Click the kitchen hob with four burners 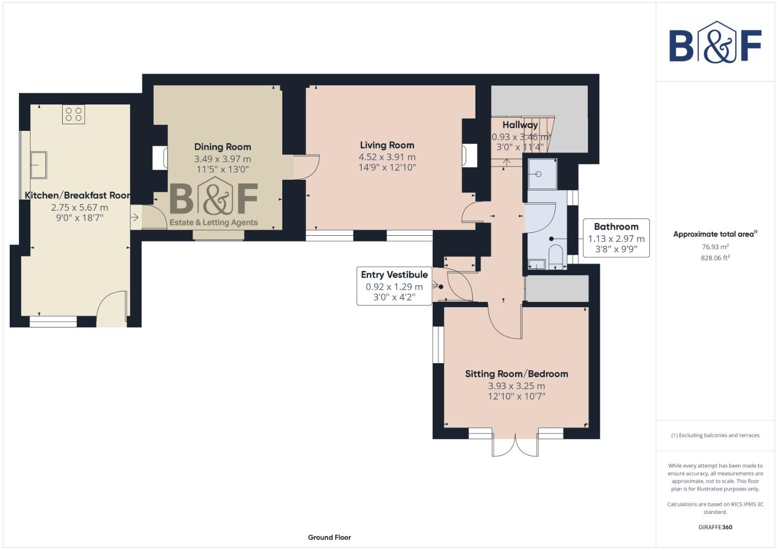click(x=74, y=114)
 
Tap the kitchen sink click(x=38, y=164)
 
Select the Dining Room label click(x=223, y=147)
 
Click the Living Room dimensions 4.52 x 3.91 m click(x=387, y=157)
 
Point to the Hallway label click(x=520, y=125)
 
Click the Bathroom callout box click(x=616, y=238)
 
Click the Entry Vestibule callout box click(x=394, y=286)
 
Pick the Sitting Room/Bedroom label click(x=516, y=374)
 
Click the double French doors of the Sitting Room click(x=515, y=445)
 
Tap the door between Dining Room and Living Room click(x=306, y=167)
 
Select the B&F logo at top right click(x=715, y=43)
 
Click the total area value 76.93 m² click(x=715, y=246)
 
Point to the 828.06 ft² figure click(x=715, y=258)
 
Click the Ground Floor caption click(x=329, y=537)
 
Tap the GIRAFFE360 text click(x=715, y=527)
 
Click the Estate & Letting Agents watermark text click(x=213, y=223)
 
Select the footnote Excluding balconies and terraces click(x=715, y=435)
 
